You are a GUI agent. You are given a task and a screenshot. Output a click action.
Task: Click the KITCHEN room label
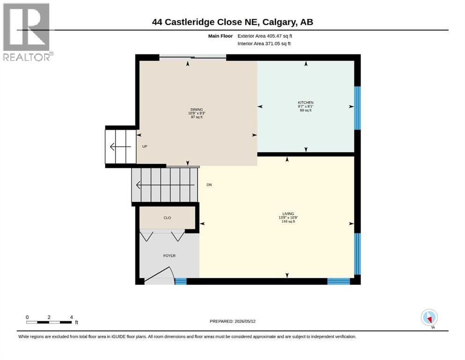[305, 103]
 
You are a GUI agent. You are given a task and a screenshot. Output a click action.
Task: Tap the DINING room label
[197, 110]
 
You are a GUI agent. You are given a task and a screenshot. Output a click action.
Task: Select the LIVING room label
[288, 214]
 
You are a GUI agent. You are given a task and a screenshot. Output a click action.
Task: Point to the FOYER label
[170, 255]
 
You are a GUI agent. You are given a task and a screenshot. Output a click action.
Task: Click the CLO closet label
[167, 217]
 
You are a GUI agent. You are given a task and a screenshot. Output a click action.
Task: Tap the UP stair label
[145, 146]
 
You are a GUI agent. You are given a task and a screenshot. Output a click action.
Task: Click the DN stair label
[209, 185]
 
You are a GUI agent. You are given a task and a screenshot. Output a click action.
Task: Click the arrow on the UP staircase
[120, 147]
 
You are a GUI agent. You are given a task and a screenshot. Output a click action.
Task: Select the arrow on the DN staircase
[165, 185]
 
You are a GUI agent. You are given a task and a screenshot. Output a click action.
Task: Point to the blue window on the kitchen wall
[357, 108]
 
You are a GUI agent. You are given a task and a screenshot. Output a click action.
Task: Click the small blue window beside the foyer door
[181, 281]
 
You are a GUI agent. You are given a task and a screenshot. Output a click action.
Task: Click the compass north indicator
[429, 318]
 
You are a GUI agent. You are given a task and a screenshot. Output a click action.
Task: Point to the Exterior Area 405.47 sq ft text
[265, 36]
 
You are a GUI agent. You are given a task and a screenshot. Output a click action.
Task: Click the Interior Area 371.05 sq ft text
[264, 44]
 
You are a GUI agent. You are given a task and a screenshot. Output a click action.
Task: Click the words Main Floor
[221, 36]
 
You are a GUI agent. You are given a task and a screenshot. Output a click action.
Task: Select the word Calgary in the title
[280, 22]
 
